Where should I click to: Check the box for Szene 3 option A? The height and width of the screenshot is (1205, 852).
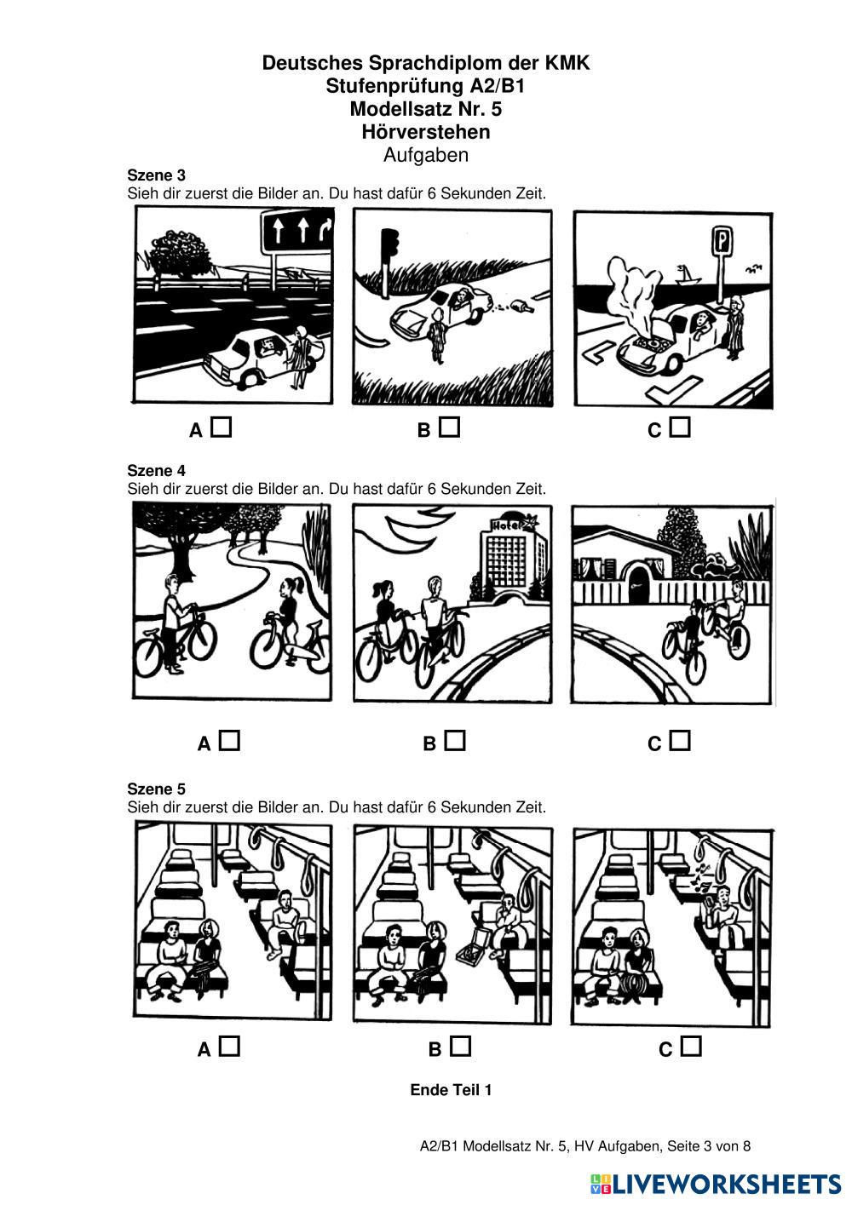tap(221, 427)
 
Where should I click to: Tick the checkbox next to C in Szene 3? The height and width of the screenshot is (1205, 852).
tap(680, 427)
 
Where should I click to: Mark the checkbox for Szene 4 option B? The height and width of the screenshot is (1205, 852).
tap(455, 741)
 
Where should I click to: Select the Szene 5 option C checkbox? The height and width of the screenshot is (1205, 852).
tap(691, 1047)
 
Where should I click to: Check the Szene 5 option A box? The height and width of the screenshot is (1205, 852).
tap(229, 1047)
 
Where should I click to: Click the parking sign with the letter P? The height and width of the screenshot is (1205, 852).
tap(722, 241)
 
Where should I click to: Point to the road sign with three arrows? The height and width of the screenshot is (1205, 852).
tap(296, 232)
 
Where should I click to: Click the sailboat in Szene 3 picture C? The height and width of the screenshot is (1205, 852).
tap(687, 274)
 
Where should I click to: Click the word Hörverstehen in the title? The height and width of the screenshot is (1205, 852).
tap(426, 132)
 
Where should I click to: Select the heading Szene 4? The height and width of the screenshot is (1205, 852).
tap(156, 471)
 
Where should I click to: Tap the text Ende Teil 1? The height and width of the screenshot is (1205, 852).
tap(451, 1090)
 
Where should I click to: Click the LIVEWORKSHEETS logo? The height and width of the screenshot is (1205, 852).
tap(716, 1184)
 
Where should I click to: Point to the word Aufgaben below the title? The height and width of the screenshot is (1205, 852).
tap(426, 155)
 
